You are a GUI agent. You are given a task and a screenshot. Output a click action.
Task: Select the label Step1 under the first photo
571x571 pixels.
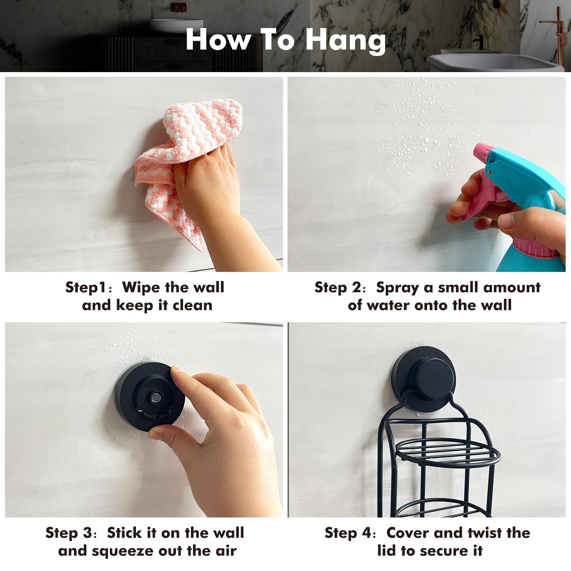coord(86,288)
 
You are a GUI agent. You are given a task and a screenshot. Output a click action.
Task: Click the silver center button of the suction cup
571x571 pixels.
coord(155,397)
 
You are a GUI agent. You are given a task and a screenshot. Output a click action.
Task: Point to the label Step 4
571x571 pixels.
coord(349,533)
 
